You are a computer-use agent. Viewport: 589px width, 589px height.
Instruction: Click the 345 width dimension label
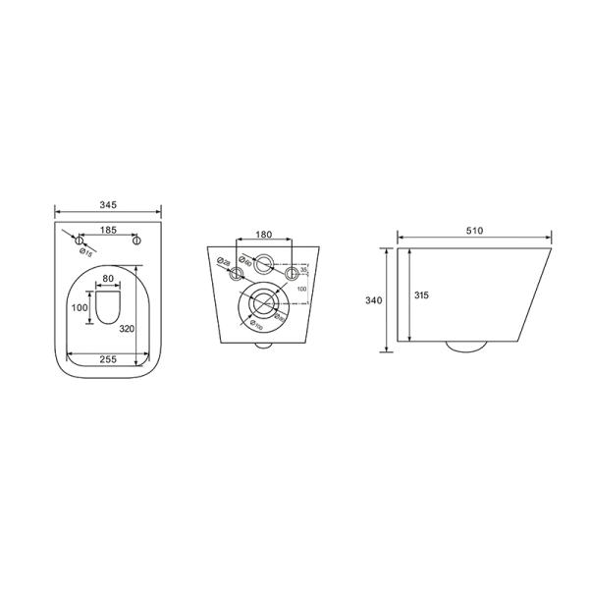(108, 204)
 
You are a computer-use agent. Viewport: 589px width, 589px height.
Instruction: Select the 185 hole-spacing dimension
(109, 229)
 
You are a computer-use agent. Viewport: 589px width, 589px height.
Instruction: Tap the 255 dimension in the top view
(108, 360)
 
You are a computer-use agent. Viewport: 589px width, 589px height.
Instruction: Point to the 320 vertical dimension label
(141, 331)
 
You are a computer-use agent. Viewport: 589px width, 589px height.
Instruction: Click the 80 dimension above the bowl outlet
(108, 278)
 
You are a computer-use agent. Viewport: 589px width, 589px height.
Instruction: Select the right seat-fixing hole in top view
(138, 241)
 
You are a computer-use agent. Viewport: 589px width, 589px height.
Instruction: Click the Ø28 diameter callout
(225, 263)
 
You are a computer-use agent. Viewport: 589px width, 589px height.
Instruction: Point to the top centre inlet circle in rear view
(264, 264)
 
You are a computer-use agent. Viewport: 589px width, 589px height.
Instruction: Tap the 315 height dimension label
(419, 295)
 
